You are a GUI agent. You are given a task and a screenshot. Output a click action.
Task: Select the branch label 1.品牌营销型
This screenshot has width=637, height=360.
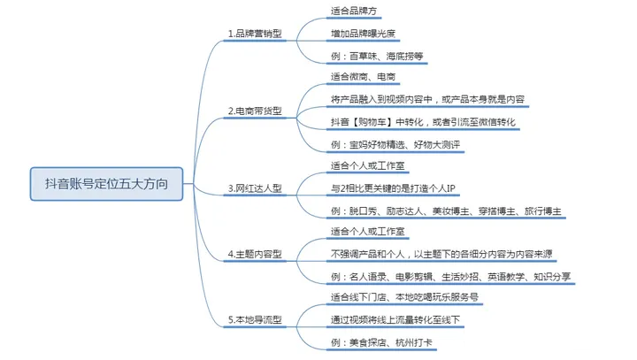point(256,34)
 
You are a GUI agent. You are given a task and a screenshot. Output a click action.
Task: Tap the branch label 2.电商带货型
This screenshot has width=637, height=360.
point(256,111)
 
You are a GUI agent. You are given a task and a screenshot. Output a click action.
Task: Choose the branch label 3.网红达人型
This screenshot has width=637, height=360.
point(256,188)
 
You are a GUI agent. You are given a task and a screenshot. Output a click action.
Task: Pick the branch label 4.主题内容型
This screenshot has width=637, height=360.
point(256,255)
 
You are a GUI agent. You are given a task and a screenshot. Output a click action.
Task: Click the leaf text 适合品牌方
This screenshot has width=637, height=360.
point(352,11)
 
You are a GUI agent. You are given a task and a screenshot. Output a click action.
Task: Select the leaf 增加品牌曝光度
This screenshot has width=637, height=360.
point(363,34)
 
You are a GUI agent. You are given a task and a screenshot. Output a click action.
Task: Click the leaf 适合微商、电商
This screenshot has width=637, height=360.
point(364,77)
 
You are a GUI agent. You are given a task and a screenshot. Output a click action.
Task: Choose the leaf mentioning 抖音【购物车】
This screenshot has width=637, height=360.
point(423,120)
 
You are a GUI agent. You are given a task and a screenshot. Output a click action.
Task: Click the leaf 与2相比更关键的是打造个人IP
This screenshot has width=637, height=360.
point(392,188)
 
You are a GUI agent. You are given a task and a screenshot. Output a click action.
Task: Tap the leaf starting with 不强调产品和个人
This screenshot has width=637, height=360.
point(441,255)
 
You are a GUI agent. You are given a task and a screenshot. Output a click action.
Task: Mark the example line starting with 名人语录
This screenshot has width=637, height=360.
point(449,277)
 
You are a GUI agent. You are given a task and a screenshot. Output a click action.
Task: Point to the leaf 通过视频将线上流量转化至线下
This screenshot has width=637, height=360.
point(395,318)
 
